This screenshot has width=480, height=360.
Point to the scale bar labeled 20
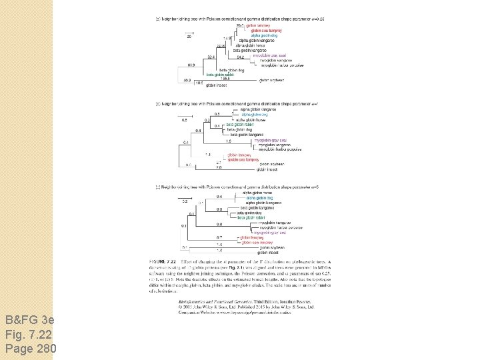[189, 37]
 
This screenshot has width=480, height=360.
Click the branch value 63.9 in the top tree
[191, 65]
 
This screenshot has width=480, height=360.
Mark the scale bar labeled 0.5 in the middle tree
[185, 120]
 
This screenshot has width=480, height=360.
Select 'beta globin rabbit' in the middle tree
[239, 125]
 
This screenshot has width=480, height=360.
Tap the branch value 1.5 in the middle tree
[228, 141]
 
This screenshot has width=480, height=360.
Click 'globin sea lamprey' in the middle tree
[243, 160]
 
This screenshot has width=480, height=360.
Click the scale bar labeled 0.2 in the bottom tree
[185, 201]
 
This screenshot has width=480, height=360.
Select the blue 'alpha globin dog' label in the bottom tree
[259, 198]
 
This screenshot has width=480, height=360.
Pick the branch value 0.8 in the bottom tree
[219, 224]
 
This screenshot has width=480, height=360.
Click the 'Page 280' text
[30, 348]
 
